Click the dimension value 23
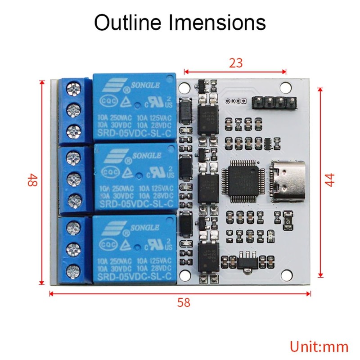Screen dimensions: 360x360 coord(235,63)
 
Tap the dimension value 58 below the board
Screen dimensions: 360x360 coord(183,302)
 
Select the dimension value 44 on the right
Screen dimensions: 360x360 coord(331,180)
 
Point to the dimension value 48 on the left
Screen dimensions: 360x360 coord(32,181)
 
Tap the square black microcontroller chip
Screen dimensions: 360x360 coord(243,181)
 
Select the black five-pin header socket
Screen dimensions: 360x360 coord(274,103)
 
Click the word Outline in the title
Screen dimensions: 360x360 coord(127,22)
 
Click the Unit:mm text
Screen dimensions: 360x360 coord(319,346)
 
